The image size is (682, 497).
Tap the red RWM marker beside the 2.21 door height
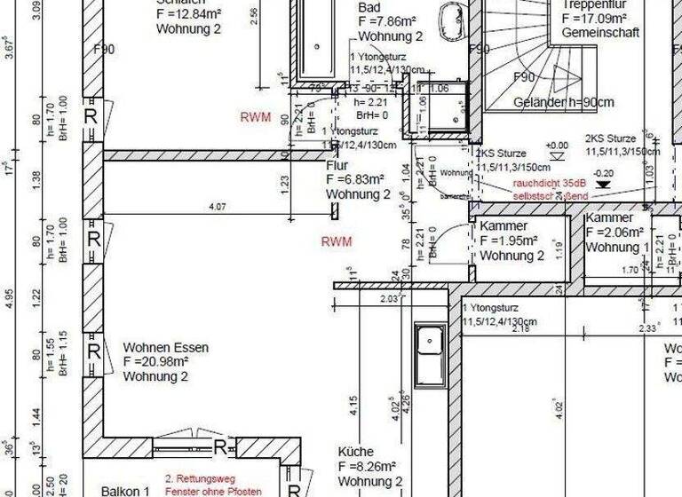click(256, 116)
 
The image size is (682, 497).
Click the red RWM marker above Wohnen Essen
click(337, 241)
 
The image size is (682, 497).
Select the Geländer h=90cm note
click(563, 103)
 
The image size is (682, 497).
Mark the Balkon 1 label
click(124, 491)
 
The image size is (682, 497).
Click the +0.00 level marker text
click(558, 146)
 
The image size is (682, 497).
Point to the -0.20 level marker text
click(604, 173)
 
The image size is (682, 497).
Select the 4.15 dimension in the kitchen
click(352, 406)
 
